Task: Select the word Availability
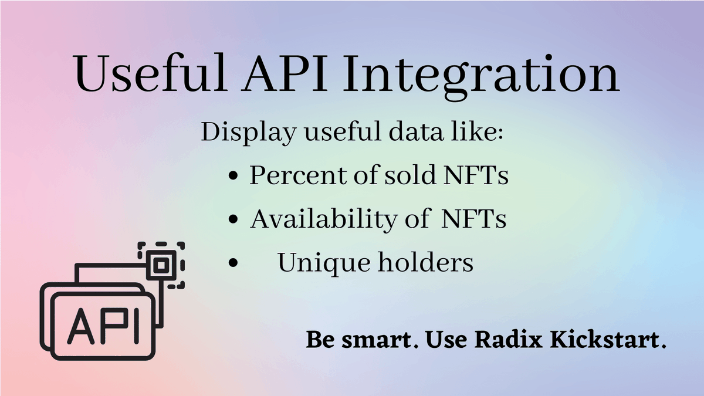(323, 219)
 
